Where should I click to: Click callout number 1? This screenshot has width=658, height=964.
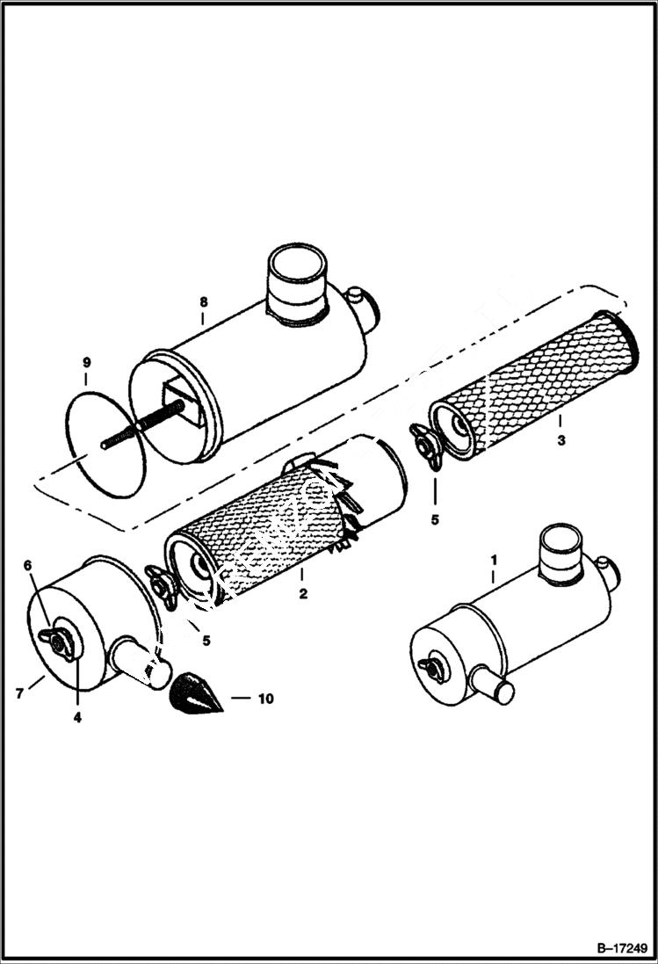pyautogui.click(x=493, y=558)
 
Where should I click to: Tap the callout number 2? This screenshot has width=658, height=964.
pyautogui.click(x=303, y=594)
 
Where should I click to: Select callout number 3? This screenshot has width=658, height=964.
pyautogui.click(x=561, y=441)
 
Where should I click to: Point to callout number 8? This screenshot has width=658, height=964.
pyautogui.click(x=204, y=301)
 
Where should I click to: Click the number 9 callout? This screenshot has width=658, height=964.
pyautogui.click(x=86, y=362)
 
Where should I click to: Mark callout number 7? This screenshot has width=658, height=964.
pyautogui.click(x=19, y=694)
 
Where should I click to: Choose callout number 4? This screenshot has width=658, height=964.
pyautogui.click(x=77, y=717)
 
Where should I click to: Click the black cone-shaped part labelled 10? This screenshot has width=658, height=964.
pyautogui.click(x=192, y=693)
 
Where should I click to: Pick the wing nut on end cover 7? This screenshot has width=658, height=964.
pyautogui.click(x=58, y=642)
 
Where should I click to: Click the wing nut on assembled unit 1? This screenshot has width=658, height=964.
pyautogui.click(x=433, y=667)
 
